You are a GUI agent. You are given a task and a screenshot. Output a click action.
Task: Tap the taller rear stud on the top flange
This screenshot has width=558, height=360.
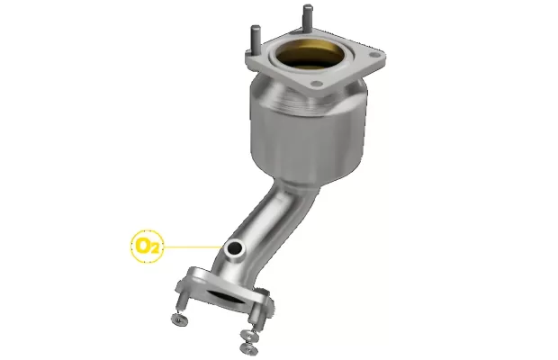pyautogui.click(x=308, y=17)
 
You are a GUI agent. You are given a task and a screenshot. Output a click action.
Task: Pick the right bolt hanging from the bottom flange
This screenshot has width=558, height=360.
pyautogui.click(x=256, y=315)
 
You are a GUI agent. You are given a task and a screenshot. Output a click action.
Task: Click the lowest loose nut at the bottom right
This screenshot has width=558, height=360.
pyautogui.click(x=249, y=348)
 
